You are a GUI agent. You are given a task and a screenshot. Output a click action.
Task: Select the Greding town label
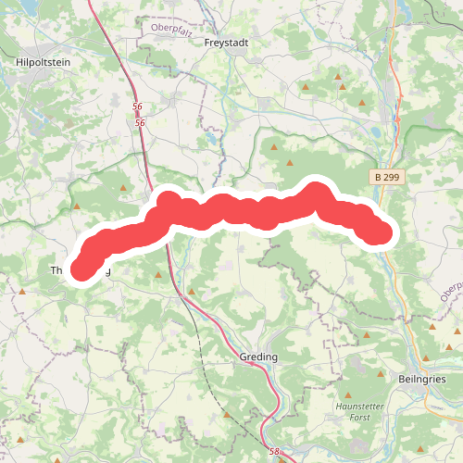(258, 357)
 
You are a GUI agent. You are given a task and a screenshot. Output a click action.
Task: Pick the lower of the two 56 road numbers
(140, 122)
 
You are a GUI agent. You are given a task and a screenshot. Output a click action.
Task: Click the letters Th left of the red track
(56, 271)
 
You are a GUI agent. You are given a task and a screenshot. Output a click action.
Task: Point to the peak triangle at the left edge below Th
(21, 291)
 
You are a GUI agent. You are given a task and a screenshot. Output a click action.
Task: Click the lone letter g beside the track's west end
(108, 271)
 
